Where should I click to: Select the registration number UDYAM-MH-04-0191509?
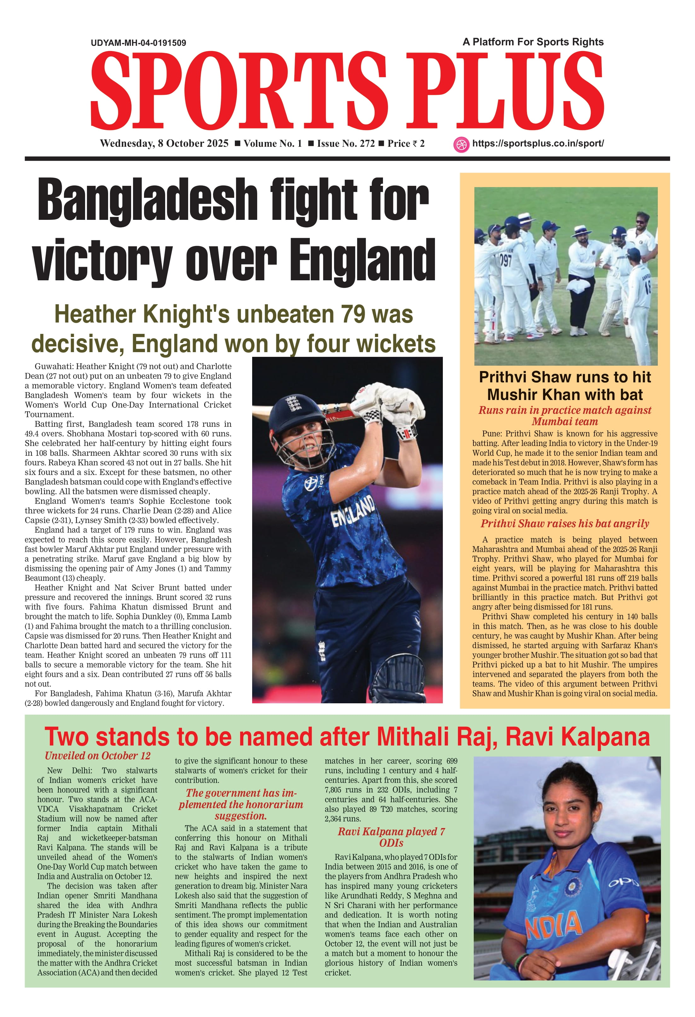pyautogui.click(x=138, y=43)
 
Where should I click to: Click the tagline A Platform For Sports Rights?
pyautogui.click(x=533, y=42)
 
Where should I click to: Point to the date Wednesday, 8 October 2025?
pyautogui.click(x=164, y=144)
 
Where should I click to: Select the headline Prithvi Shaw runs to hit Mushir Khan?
pyautogui.click(x=565, y=386)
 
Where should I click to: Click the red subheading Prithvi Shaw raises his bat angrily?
pyautogui.click(x=565, y=523)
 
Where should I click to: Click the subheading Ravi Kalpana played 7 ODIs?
pyautogui.click(x=391, y=837)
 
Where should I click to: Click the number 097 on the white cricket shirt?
pyautogui.click(x=505, y=261)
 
